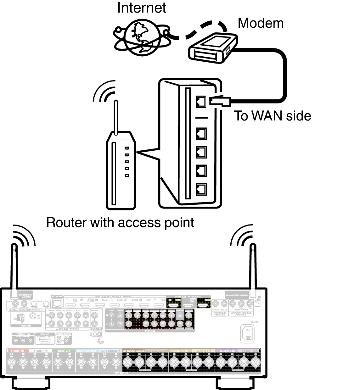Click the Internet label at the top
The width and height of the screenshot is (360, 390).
coord(142,8)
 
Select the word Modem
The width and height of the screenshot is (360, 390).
coord(260,23)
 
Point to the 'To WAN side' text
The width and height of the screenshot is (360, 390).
coord(272,116)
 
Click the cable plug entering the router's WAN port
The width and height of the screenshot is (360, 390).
coord(220,101)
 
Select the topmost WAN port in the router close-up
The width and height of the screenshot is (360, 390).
coord(201,101)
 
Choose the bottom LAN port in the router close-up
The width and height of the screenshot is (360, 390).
coord(201,189)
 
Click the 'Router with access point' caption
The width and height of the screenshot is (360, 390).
coord(120,222)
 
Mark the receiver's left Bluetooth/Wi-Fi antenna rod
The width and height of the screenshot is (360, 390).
coord(14,267)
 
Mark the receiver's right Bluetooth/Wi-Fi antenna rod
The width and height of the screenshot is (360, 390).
coord(252,267)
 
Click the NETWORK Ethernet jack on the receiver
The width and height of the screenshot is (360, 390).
coord(57,303)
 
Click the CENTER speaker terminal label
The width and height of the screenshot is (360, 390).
coord(64,351)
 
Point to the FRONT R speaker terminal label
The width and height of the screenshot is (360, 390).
coord(17,351)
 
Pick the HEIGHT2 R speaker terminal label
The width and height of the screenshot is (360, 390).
coord(227,351)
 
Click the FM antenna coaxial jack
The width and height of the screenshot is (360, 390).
coord(32,316)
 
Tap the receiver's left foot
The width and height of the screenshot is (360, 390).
coord(31,383)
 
